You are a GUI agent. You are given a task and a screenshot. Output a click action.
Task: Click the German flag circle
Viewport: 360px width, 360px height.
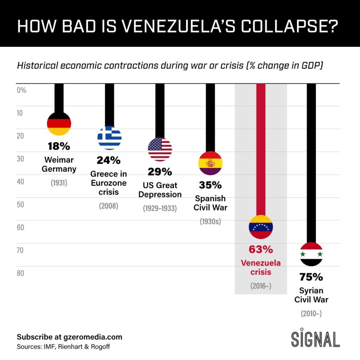pos(59,123)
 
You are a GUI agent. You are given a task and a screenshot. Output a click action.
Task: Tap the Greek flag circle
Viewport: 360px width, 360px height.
pos(109,138)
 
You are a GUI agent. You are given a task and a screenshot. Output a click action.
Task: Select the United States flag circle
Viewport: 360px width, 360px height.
pos(160,149)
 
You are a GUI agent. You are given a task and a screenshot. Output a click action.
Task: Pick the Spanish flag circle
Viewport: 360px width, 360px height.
pos(211,163)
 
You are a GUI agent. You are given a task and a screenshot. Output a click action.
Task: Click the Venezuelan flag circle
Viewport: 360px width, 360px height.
pos(261,227)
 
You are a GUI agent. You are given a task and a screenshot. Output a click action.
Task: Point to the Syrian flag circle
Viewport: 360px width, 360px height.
pos(311,254)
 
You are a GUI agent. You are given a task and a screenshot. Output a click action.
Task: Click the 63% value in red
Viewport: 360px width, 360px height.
pos(261,250)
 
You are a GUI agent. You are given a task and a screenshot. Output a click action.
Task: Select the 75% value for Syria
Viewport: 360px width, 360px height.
pos(311,277)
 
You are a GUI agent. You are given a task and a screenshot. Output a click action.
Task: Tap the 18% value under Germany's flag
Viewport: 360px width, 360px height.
pos(59,146)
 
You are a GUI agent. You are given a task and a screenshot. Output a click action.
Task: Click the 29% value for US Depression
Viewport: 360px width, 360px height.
pos(160,172)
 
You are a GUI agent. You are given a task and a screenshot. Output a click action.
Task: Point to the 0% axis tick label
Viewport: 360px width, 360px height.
pos(22,90)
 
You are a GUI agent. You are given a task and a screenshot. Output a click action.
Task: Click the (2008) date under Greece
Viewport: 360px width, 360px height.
pos(109,206)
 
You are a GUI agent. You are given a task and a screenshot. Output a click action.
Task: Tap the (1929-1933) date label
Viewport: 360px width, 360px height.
pos(160,208)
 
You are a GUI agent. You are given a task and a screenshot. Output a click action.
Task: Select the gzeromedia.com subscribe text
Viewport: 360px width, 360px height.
pos(70,337)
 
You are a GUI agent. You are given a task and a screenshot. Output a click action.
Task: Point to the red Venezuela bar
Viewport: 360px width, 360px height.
pos(261,148)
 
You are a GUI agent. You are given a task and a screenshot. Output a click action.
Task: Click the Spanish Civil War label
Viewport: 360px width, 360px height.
pos(211,203)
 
